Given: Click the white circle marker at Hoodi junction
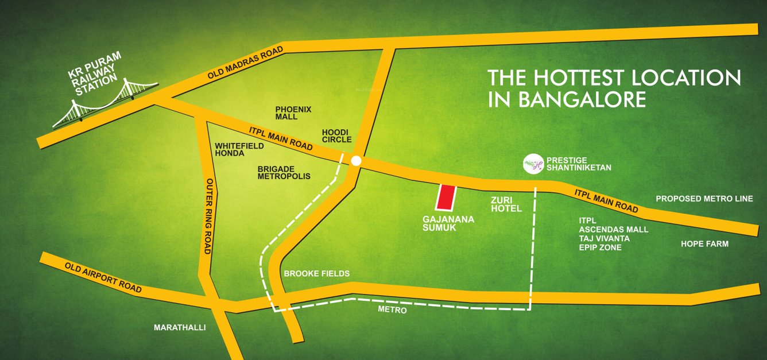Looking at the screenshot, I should [356, 161].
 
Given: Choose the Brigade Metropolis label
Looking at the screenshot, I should [284, 173].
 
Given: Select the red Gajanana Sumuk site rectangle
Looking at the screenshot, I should [446, 198].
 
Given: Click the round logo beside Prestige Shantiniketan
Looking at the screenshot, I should [533, 164].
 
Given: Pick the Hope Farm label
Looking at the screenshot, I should [704, 244].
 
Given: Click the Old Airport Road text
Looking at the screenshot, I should [103, 278].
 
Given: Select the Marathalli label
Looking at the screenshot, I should [180, 328].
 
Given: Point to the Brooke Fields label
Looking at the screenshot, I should [316, 274].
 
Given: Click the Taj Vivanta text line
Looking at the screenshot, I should [605, 238].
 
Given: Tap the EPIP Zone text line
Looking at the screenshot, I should [600, 247].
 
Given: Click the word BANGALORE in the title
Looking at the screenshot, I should [582, 99].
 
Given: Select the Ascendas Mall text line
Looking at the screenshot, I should [613, 229].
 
